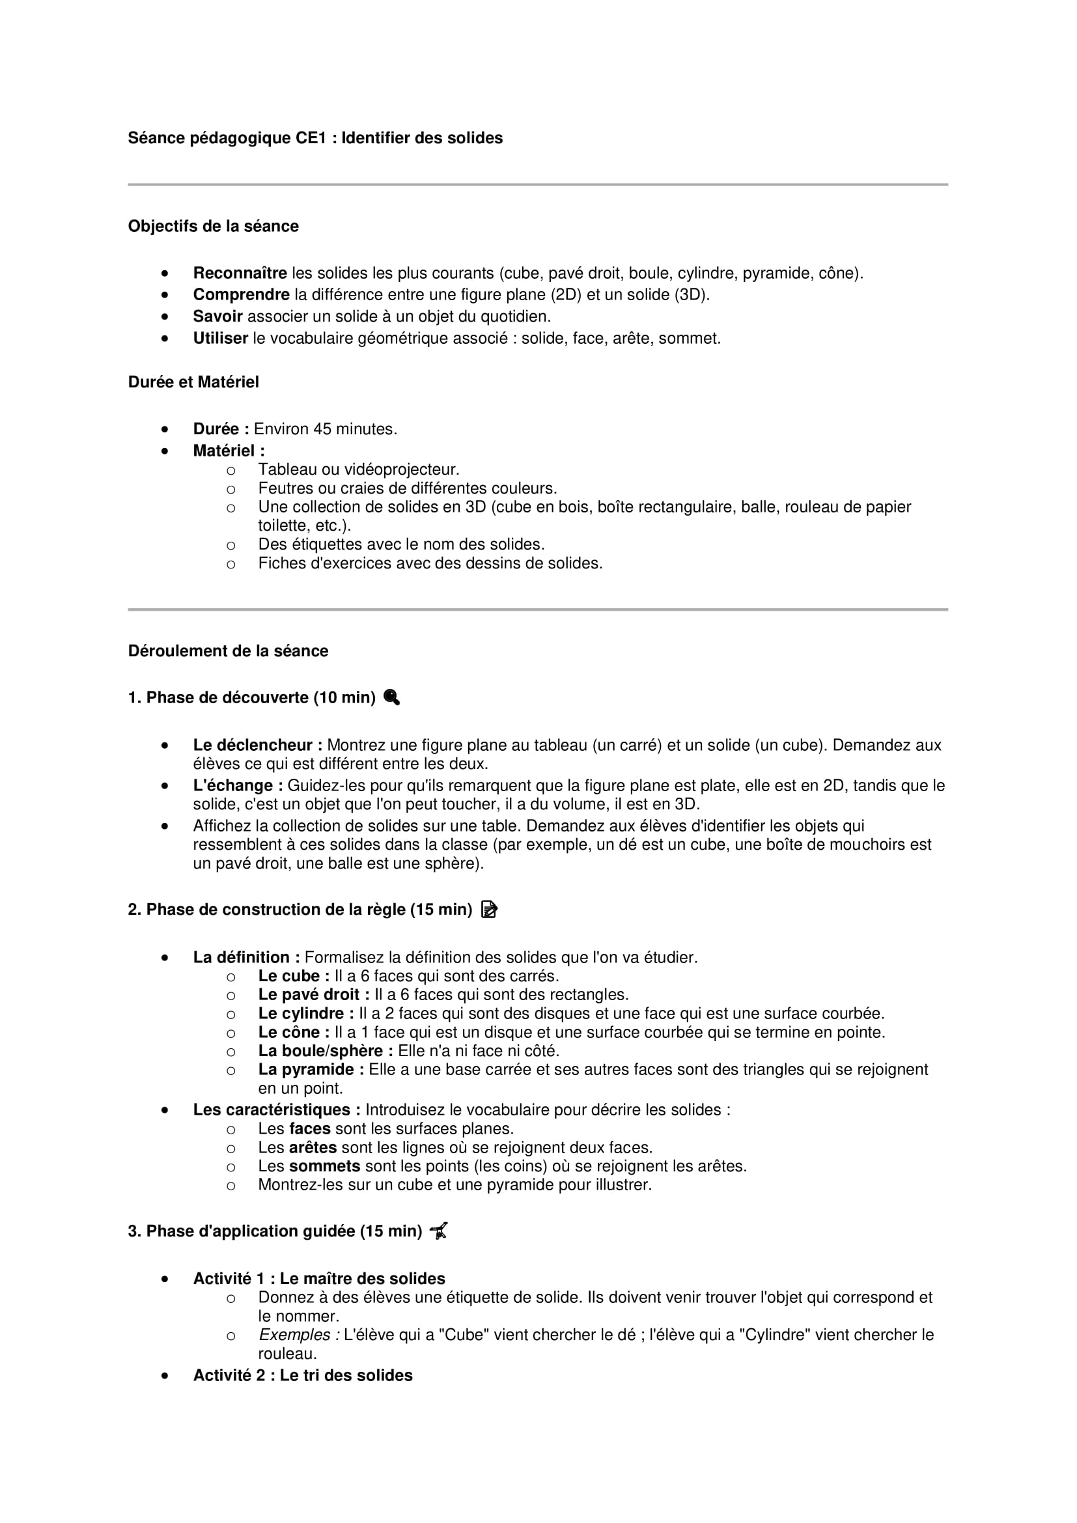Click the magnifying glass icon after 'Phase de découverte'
point(391,697)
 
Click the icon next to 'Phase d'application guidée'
point(438,1231)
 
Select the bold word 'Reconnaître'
point(240,273)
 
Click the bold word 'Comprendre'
point(241,294)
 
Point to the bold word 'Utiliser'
point(220,339)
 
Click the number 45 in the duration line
point(322,429)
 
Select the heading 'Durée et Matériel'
point(193,382)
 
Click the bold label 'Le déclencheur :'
point(257,746)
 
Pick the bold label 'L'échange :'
point(238,785)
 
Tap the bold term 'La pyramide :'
point(311,1069)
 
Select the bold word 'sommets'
point(324,1166)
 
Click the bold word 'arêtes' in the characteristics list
point(313,1147)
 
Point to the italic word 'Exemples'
point(298,1335)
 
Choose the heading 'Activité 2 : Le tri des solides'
point(302,1375)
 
